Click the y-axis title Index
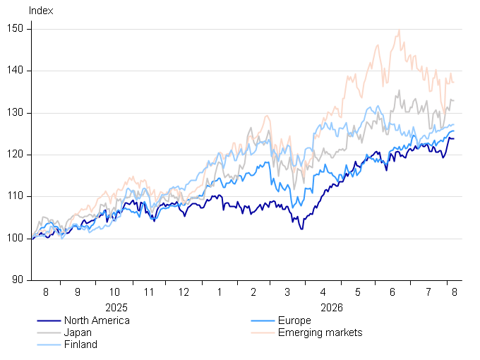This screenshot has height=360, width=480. pos(41,11)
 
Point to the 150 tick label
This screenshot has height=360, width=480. pos(15,28)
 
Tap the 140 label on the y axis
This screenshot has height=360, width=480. pos(15,71)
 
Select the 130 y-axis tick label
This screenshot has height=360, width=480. pos(15,113)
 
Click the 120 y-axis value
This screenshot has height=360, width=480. pos(15,155)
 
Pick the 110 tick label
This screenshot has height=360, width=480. pos(15,196)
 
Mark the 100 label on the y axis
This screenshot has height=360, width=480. pos(15,238)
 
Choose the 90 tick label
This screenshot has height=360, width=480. pos(18,280)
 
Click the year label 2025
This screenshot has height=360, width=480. pos(116,307)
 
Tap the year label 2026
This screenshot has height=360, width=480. pos(332,307)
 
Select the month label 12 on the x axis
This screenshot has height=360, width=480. pos(184,292)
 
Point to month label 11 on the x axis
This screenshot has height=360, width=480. pos(149,292)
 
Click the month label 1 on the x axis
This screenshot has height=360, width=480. pos(220,292)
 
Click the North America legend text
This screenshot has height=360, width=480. pos(97,320)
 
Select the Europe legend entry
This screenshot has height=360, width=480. pos(294,320)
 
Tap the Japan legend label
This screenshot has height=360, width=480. pos(78,332)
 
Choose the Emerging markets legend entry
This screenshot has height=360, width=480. pos(320,332)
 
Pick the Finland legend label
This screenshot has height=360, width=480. pos(80,344)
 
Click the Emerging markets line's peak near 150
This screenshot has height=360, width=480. pos(400,30)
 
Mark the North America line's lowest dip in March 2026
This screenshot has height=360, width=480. pos(302,229)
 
